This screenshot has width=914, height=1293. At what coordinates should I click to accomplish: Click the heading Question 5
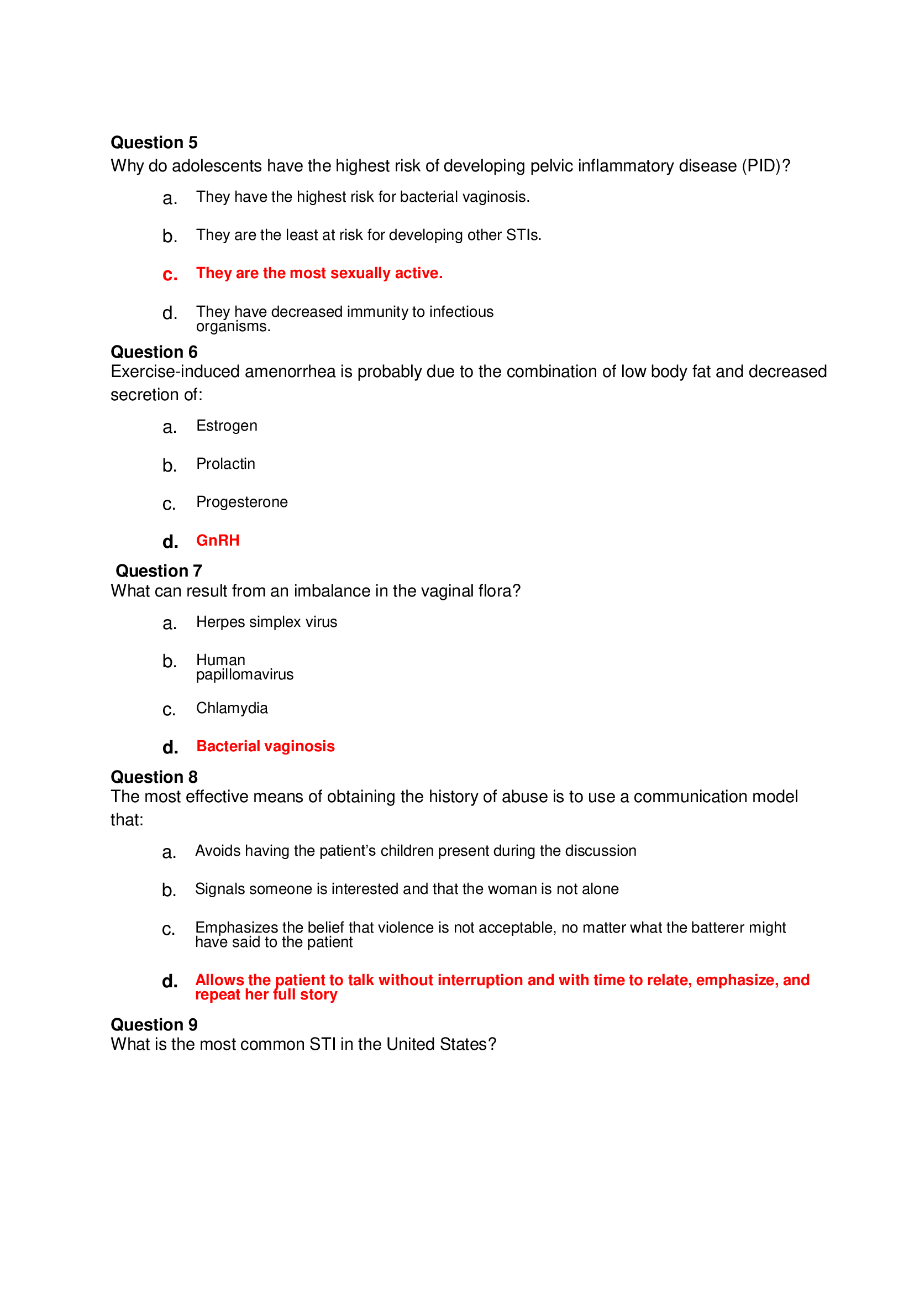(154, 143)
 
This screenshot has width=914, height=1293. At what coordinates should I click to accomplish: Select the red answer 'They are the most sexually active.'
(319, 273)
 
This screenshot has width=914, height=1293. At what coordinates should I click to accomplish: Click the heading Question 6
(154, 352)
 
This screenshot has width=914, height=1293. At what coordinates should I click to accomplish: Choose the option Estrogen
(226, 426)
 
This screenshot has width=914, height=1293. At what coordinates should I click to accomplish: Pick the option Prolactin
(225, 464)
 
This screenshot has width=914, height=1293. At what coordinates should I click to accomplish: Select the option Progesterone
(241, 502)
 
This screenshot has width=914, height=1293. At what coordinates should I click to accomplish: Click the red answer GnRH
(218, 541)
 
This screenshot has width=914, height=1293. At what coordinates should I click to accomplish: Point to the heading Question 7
(158, 571)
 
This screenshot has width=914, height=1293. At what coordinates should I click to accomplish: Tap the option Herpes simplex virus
(266, 622)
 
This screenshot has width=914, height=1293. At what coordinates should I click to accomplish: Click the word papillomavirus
(244, 674)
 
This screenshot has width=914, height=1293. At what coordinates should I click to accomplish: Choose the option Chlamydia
(232, 708)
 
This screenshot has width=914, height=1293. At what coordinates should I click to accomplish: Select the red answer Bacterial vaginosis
(265, 746)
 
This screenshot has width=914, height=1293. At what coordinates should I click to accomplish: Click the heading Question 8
(154, 777)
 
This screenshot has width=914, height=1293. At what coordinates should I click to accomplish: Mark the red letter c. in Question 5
(170, 275)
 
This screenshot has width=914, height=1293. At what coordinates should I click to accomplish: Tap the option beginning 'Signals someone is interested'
(406, 889)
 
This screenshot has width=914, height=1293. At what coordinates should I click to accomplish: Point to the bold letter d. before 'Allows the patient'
(170, 982)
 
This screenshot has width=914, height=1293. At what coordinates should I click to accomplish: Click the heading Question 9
(154, 1024)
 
